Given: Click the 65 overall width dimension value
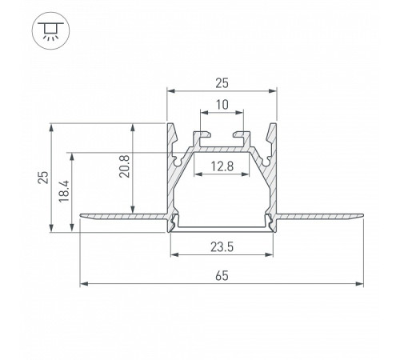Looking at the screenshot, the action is click(x=222, y=275).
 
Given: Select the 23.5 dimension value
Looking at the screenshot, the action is click(x=222, y=247).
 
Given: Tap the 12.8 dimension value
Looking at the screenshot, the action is click(x=222, y=166).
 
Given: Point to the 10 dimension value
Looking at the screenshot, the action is click(x=222, y=105).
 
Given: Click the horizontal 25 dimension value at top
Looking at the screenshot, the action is click(x=222, y=83).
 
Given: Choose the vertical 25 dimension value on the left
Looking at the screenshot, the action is click(x=43, y=178).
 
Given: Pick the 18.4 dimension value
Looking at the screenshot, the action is click(x=64, y=191).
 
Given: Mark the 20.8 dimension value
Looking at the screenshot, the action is click(x=125, y=166).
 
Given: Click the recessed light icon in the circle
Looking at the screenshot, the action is click(x=51, y=30).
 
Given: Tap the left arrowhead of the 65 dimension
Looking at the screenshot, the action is click(x=84, y=284).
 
